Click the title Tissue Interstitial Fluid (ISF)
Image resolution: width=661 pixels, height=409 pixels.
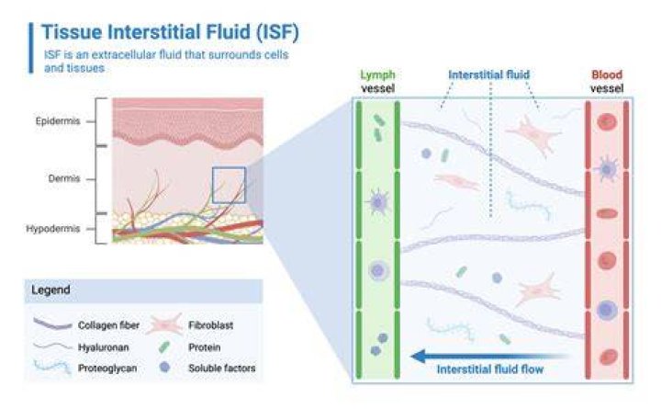171,32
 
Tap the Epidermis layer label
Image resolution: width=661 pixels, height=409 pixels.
58,121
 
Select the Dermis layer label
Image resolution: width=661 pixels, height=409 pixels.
64,178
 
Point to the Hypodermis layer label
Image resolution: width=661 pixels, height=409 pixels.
53,229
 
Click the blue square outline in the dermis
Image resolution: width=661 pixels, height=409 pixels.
212,186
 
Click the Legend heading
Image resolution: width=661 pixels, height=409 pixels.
50,290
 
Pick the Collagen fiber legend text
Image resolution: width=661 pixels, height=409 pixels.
108,325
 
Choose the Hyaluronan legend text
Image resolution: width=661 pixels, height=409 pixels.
103,347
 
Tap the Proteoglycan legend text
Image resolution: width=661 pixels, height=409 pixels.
107,369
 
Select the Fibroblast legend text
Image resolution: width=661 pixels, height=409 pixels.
211,325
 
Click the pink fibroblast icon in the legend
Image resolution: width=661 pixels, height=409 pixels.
164,324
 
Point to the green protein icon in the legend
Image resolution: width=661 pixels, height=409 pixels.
164,347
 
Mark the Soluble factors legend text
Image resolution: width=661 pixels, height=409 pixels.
222,369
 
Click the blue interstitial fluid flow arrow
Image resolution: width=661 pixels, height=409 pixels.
489,357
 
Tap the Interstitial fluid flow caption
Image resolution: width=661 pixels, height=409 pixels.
490,369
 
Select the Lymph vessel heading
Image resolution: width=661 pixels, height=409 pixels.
377,82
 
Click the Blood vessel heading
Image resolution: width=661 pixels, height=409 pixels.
607,82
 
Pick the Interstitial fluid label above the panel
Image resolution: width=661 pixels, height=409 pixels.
489,74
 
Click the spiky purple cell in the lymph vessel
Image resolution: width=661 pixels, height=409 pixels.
377,202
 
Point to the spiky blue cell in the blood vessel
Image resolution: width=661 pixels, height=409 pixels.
607,169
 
